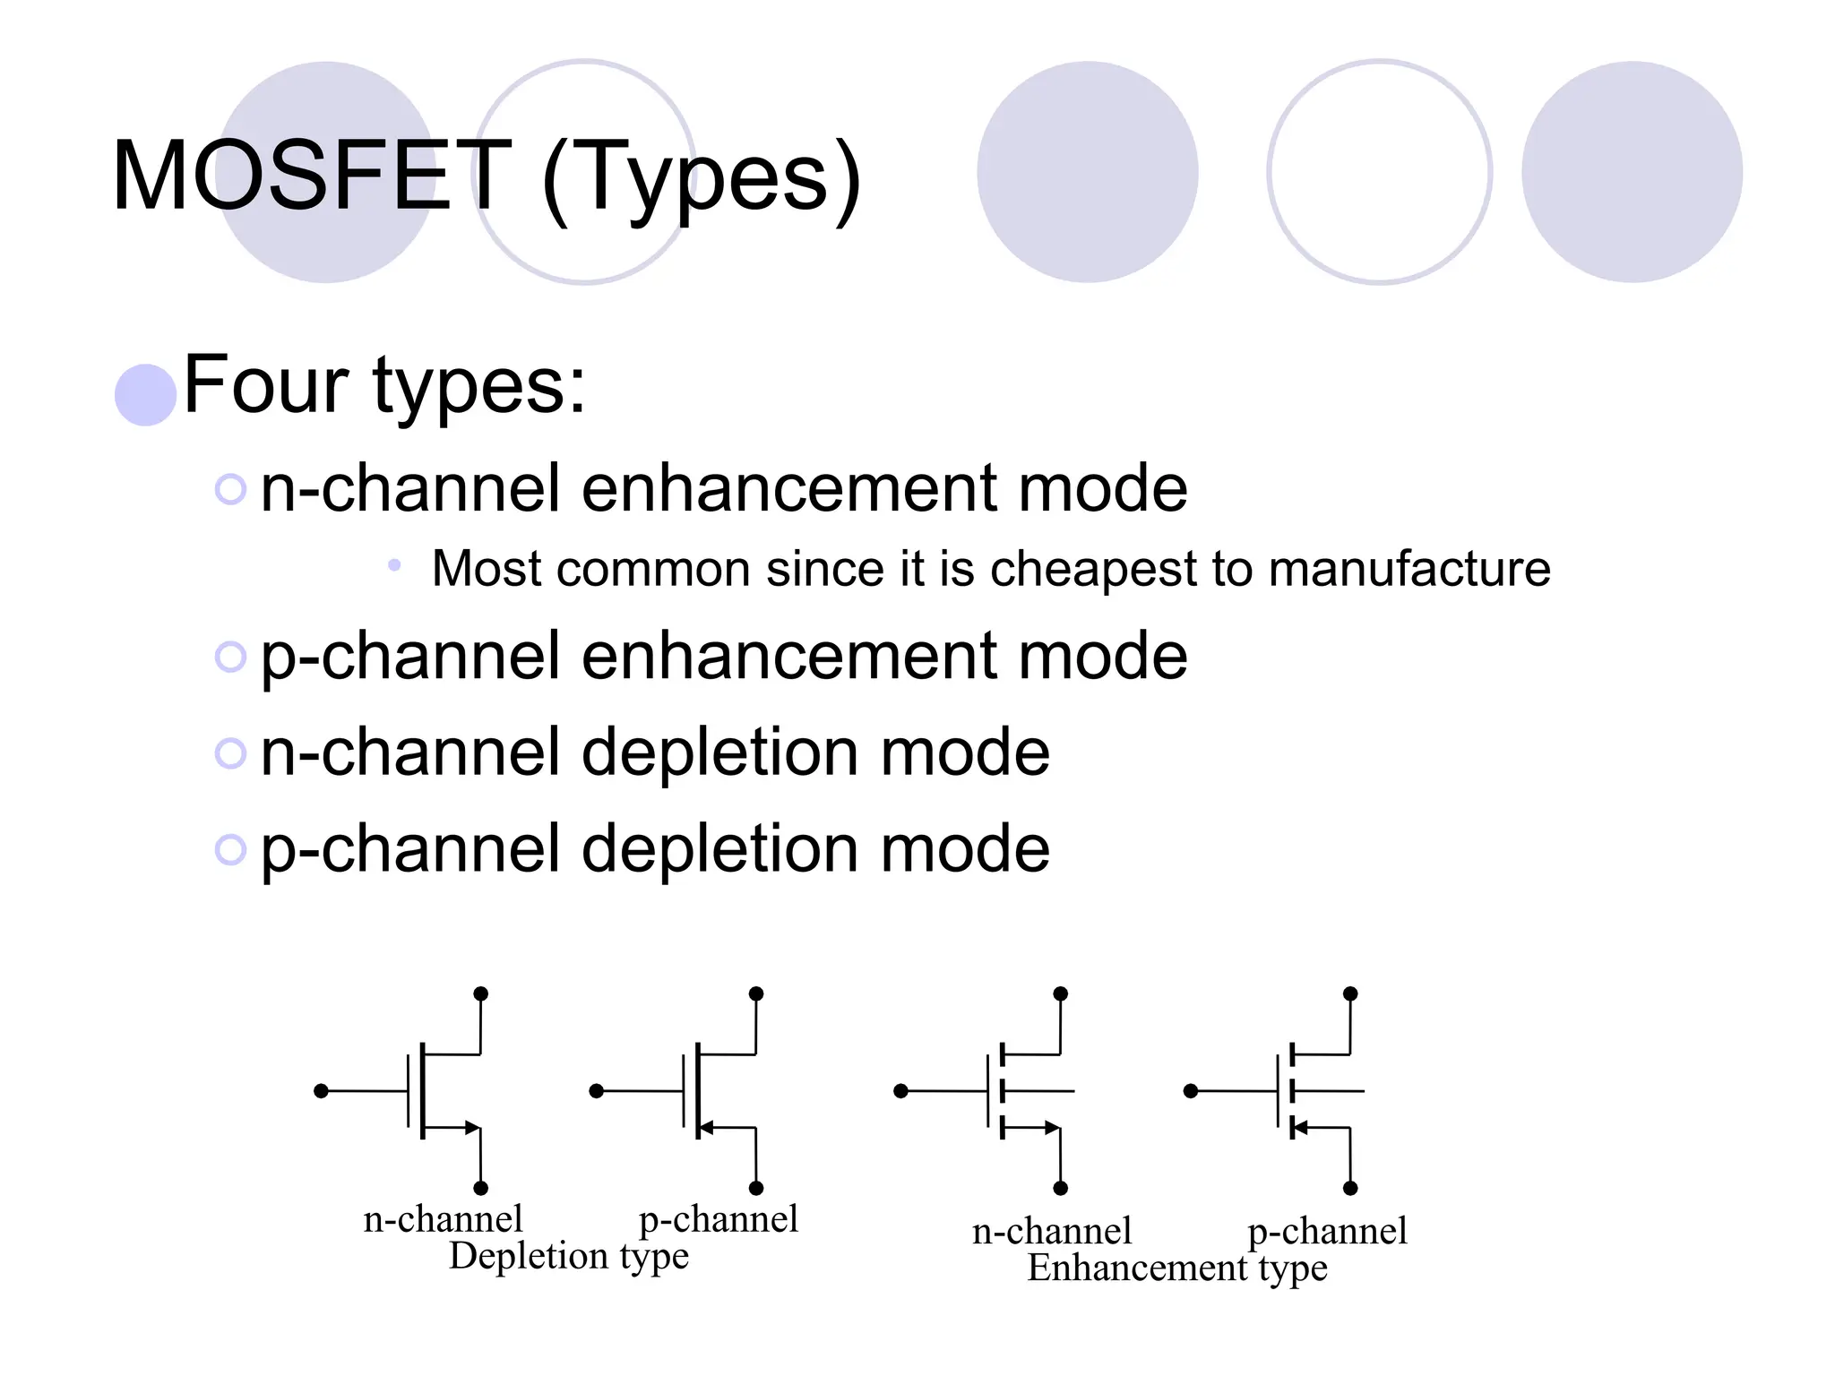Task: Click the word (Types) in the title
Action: point(702,179)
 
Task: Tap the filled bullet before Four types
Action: point(145,395)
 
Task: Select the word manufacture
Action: point(1409,569)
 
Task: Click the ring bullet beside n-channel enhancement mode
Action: point(230,489)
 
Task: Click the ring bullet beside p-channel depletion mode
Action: point(230,849)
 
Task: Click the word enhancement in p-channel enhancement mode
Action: point(789,657)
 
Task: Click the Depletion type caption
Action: point(569,1256)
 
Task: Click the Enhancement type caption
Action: point(1176,1268)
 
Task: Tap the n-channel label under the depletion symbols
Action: point(443,1219)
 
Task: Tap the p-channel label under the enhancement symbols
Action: point(1327,1232)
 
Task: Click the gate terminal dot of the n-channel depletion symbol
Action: point(322,1091)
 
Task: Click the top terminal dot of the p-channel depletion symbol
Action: point(756,993)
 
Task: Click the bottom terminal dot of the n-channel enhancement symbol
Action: point(1061,1189)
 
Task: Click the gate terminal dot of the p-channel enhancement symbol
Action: point(1191,1091)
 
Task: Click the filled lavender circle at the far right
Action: point(1632,172)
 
